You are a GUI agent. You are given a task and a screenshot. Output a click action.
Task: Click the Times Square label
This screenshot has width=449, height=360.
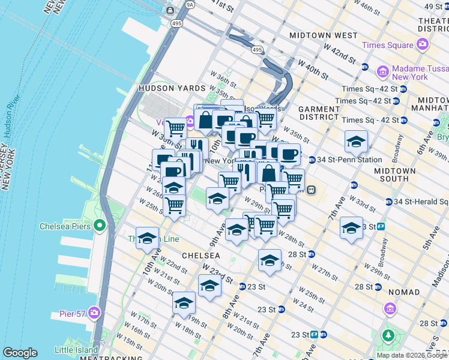388,46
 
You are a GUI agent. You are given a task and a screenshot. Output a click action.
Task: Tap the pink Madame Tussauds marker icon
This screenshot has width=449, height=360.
382,72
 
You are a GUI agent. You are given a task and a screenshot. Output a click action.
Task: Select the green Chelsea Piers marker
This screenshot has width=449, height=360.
99,226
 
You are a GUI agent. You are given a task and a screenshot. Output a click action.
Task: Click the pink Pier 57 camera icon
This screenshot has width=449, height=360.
94,313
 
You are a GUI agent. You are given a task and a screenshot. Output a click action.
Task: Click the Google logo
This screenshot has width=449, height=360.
20,353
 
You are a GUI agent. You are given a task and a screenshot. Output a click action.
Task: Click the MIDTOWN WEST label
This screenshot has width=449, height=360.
315,35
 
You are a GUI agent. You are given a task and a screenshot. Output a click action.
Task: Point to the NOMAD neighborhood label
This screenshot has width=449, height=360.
403,292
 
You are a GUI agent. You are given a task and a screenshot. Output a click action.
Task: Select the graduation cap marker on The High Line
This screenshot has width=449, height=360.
147,238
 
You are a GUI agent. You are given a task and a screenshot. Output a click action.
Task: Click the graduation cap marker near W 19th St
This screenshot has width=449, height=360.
184,302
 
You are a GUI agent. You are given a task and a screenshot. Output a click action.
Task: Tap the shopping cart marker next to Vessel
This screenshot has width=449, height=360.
175,127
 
